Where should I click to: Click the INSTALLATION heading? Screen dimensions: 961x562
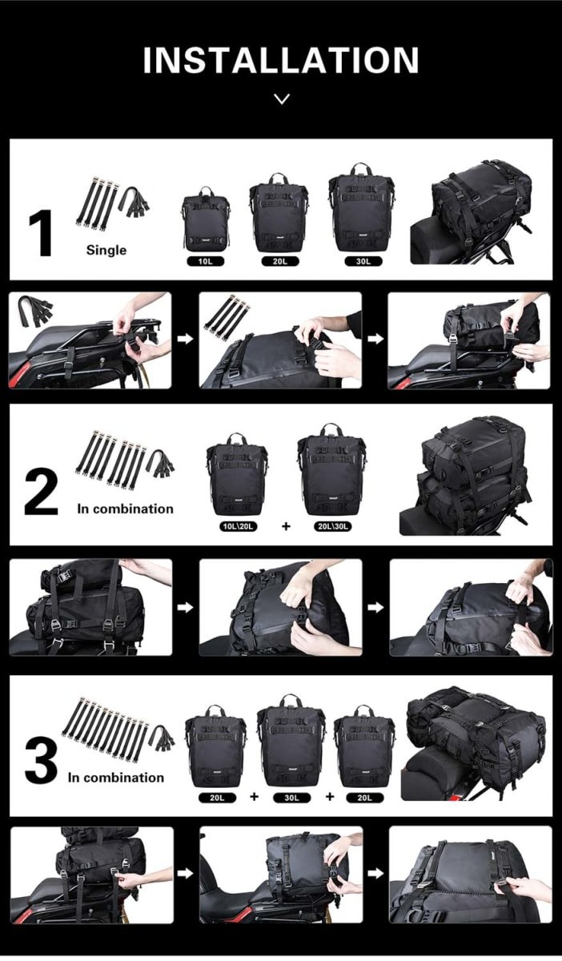[x=281, y=61]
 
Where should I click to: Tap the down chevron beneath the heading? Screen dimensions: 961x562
[x=281, y=99]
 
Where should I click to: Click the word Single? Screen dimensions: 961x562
[x=106, y=250]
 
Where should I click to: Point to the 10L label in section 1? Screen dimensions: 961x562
[x=206, y=261]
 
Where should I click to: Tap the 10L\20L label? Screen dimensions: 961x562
[x=237, y=526]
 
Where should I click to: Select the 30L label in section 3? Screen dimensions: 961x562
[x=291, y=797]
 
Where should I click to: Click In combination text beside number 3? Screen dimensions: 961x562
[x=115, y=777]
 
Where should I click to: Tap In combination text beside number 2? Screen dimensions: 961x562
[x=125, y=509]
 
